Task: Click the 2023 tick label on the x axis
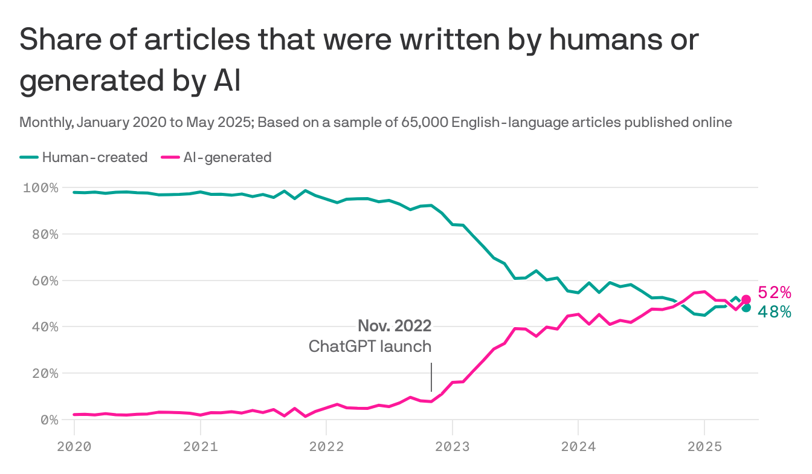pos(452,447)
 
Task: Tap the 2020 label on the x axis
pos(74,447)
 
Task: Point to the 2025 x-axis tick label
pos(704,447)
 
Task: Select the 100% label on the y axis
pos(40,187)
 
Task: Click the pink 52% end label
pos(774,293)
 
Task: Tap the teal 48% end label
pos(774,312)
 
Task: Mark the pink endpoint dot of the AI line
pos(746,299)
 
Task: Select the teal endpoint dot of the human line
pos(746,308)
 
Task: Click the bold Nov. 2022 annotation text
pos(395,326)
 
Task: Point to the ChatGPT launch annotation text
pos(370,346)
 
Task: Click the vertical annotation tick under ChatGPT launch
pos(431,377)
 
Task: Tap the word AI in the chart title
pos(227,82)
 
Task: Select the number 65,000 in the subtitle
pos(422,122)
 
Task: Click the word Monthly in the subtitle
pos(45,122)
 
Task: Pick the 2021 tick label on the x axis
pos(200,447)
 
